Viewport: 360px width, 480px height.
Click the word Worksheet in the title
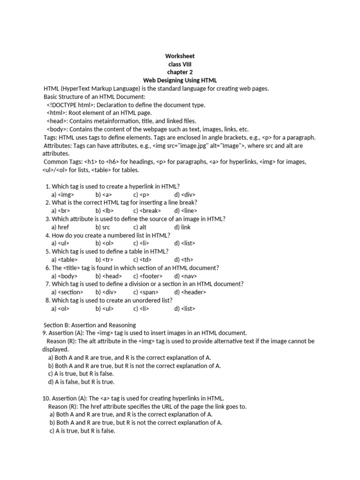[180, 56]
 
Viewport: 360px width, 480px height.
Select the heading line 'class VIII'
[180, 64]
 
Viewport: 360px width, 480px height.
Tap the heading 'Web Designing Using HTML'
[180, 81]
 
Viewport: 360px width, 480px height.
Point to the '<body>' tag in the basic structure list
[58, 129]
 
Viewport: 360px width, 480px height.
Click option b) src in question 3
[103, 227]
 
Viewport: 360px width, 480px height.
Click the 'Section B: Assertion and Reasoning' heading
[90, 325]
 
